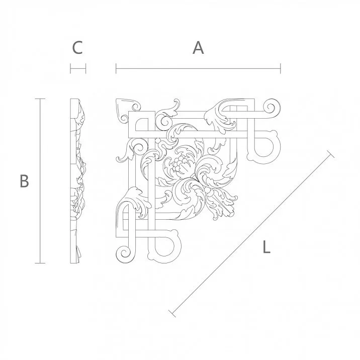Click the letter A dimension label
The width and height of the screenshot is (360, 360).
coord(198,48)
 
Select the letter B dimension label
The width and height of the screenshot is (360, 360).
coord(24,181)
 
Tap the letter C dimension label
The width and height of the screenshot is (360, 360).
coord(77,48)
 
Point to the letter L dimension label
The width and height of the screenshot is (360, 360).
coord(266,247)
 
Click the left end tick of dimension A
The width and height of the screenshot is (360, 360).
coord(116,68)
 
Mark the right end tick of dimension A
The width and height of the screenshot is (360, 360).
coord(281,68)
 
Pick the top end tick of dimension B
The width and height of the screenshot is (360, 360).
coord(40,99)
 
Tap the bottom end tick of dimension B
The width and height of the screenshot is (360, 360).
coord(40,263)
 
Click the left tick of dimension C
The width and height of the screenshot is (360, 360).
coord(71,68)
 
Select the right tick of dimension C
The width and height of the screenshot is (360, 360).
coord(86,68)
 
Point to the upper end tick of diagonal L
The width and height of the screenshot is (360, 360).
coord(330,153)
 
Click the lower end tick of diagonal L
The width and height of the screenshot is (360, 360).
coord(172,314)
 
